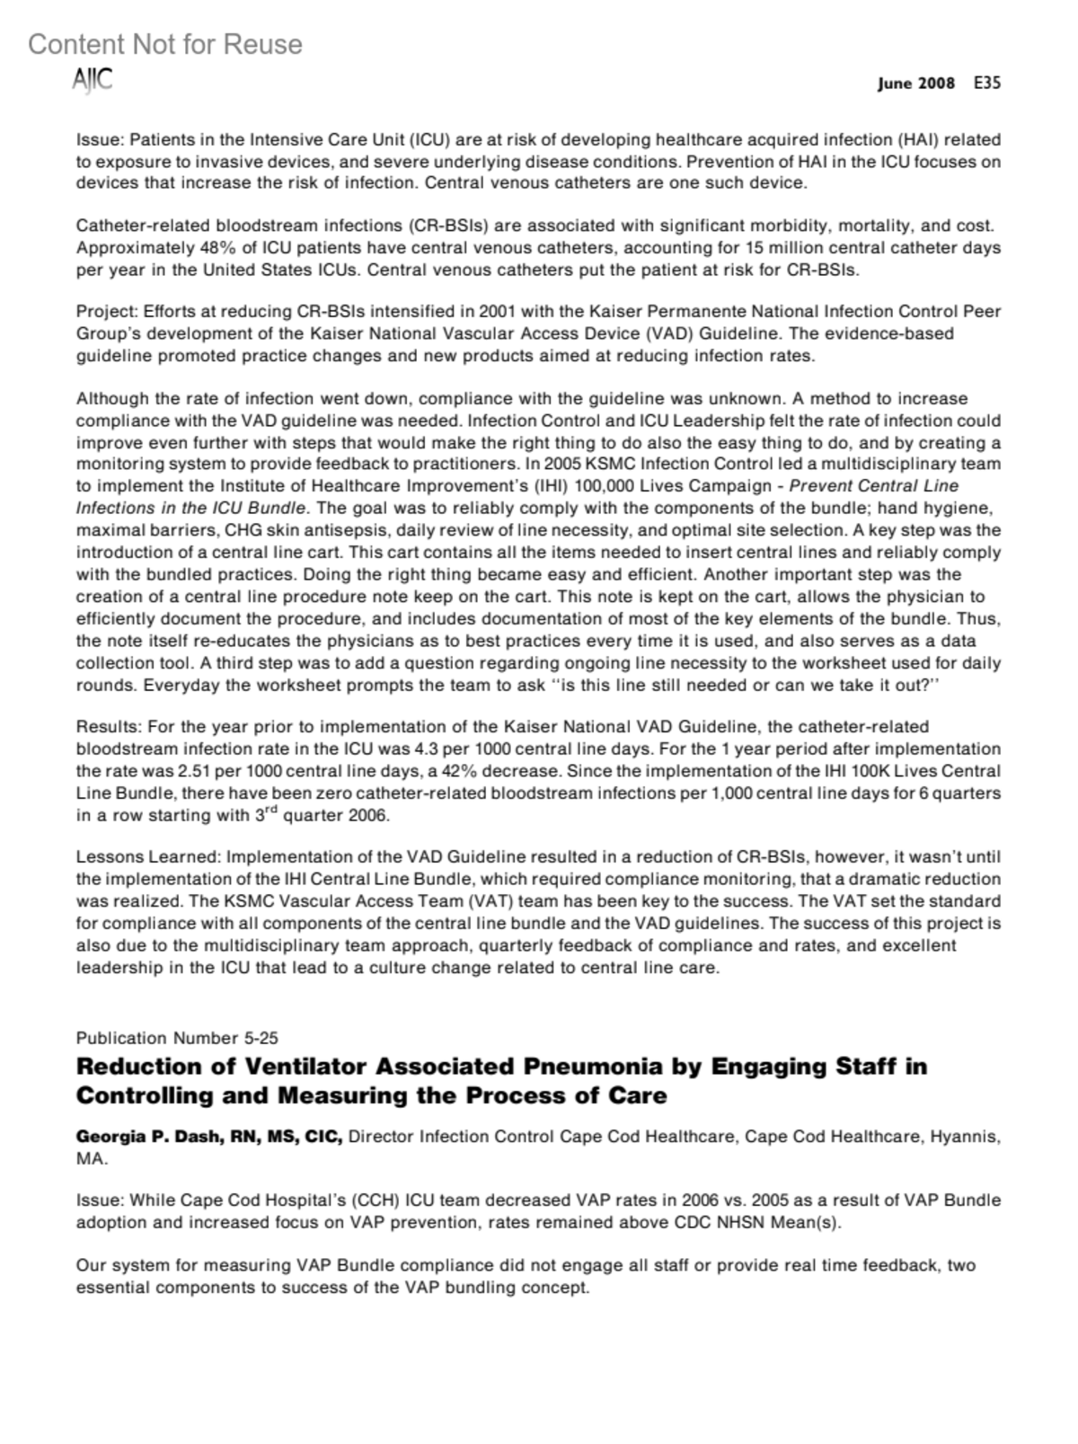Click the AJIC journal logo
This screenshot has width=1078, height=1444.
tap(93, 80)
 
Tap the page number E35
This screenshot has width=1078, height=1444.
tap(986, 83)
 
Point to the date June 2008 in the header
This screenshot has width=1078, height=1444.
tap(916, 84)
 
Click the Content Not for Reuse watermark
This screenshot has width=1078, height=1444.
tap(165, 44)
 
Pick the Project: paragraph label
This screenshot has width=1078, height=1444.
tap(107, 312)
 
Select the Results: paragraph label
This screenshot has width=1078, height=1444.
tap(109, 727)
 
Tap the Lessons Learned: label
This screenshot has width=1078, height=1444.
tap(148, 857)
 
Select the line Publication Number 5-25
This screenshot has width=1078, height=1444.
tap(177, 1038)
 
